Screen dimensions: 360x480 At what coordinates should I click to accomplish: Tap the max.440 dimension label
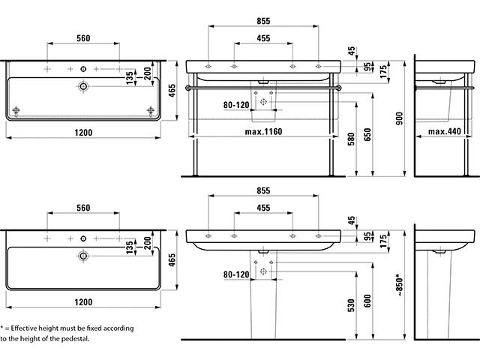(x=444, y=132)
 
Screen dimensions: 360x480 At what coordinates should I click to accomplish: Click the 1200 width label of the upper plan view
(x=83, y=133)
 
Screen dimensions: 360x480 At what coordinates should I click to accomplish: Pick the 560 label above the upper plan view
(x=84, y=37)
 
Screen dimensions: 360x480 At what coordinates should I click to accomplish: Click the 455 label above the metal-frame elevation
(x=263, y=37)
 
